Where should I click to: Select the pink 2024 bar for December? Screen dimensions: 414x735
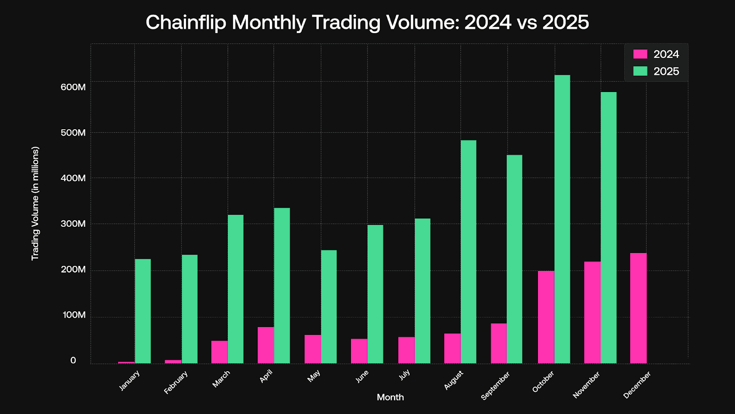click(638, 308)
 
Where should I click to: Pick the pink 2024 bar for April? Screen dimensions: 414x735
click(266, 345)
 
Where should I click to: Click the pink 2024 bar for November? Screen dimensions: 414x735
click(592, 312)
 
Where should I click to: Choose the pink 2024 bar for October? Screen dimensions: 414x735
click(546, 317)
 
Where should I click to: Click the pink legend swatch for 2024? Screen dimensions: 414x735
click(640, 54)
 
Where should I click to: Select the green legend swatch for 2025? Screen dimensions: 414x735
click(640, 71)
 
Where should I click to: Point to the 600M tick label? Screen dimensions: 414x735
click(73, 87)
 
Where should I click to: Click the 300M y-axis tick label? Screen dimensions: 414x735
click(73, 224)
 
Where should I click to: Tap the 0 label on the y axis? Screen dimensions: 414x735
click(73, 361)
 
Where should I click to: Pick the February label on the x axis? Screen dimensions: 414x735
click(176, 382)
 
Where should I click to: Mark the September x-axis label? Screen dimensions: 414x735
click(495, 385)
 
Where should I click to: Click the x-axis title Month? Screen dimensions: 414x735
click(390, 397)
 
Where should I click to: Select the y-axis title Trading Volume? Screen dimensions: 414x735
click(35, 203)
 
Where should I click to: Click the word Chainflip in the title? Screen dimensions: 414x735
click(186, 22)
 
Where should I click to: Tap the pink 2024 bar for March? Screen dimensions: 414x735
click(220, 352)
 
